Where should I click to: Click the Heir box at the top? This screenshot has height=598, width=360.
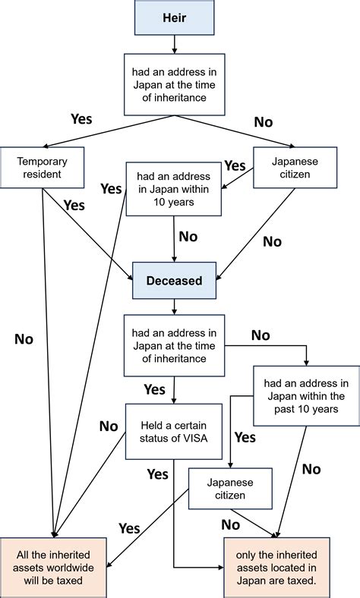point(175,17)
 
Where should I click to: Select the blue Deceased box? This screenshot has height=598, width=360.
point(175,280)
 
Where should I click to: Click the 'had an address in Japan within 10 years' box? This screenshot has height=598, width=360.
point(175,190)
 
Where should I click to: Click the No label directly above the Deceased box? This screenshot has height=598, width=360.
point(188,237)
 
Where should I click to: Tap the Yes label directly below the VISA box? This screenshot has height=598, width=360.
point(157,474)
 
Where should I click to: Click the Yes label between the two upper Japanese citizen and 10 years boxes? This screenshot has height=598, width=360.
point(235,165)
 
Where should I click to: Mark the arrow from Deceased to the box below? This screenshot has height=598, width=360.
point(175,306)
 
